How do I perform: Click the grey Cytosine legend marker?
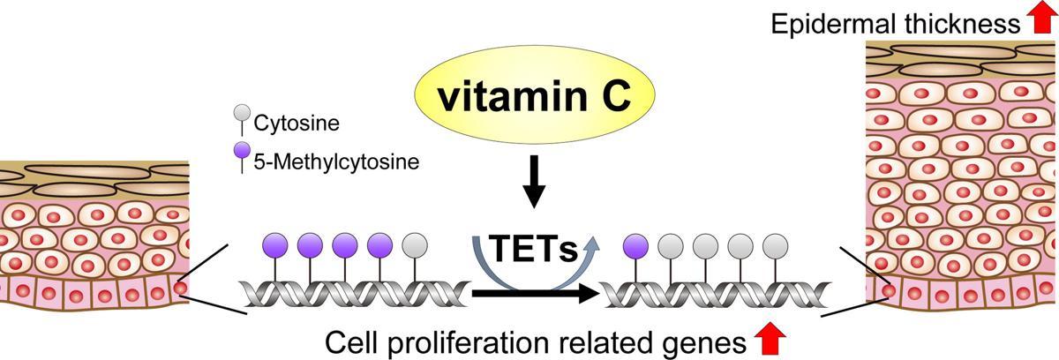240,114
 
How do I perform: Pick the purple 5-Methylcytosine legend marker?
240,153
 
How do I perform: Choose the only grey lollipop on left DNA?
414,244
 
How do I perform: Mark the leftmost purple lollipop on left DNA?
274,244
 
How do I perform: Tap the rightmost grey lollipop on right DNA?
774,244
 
